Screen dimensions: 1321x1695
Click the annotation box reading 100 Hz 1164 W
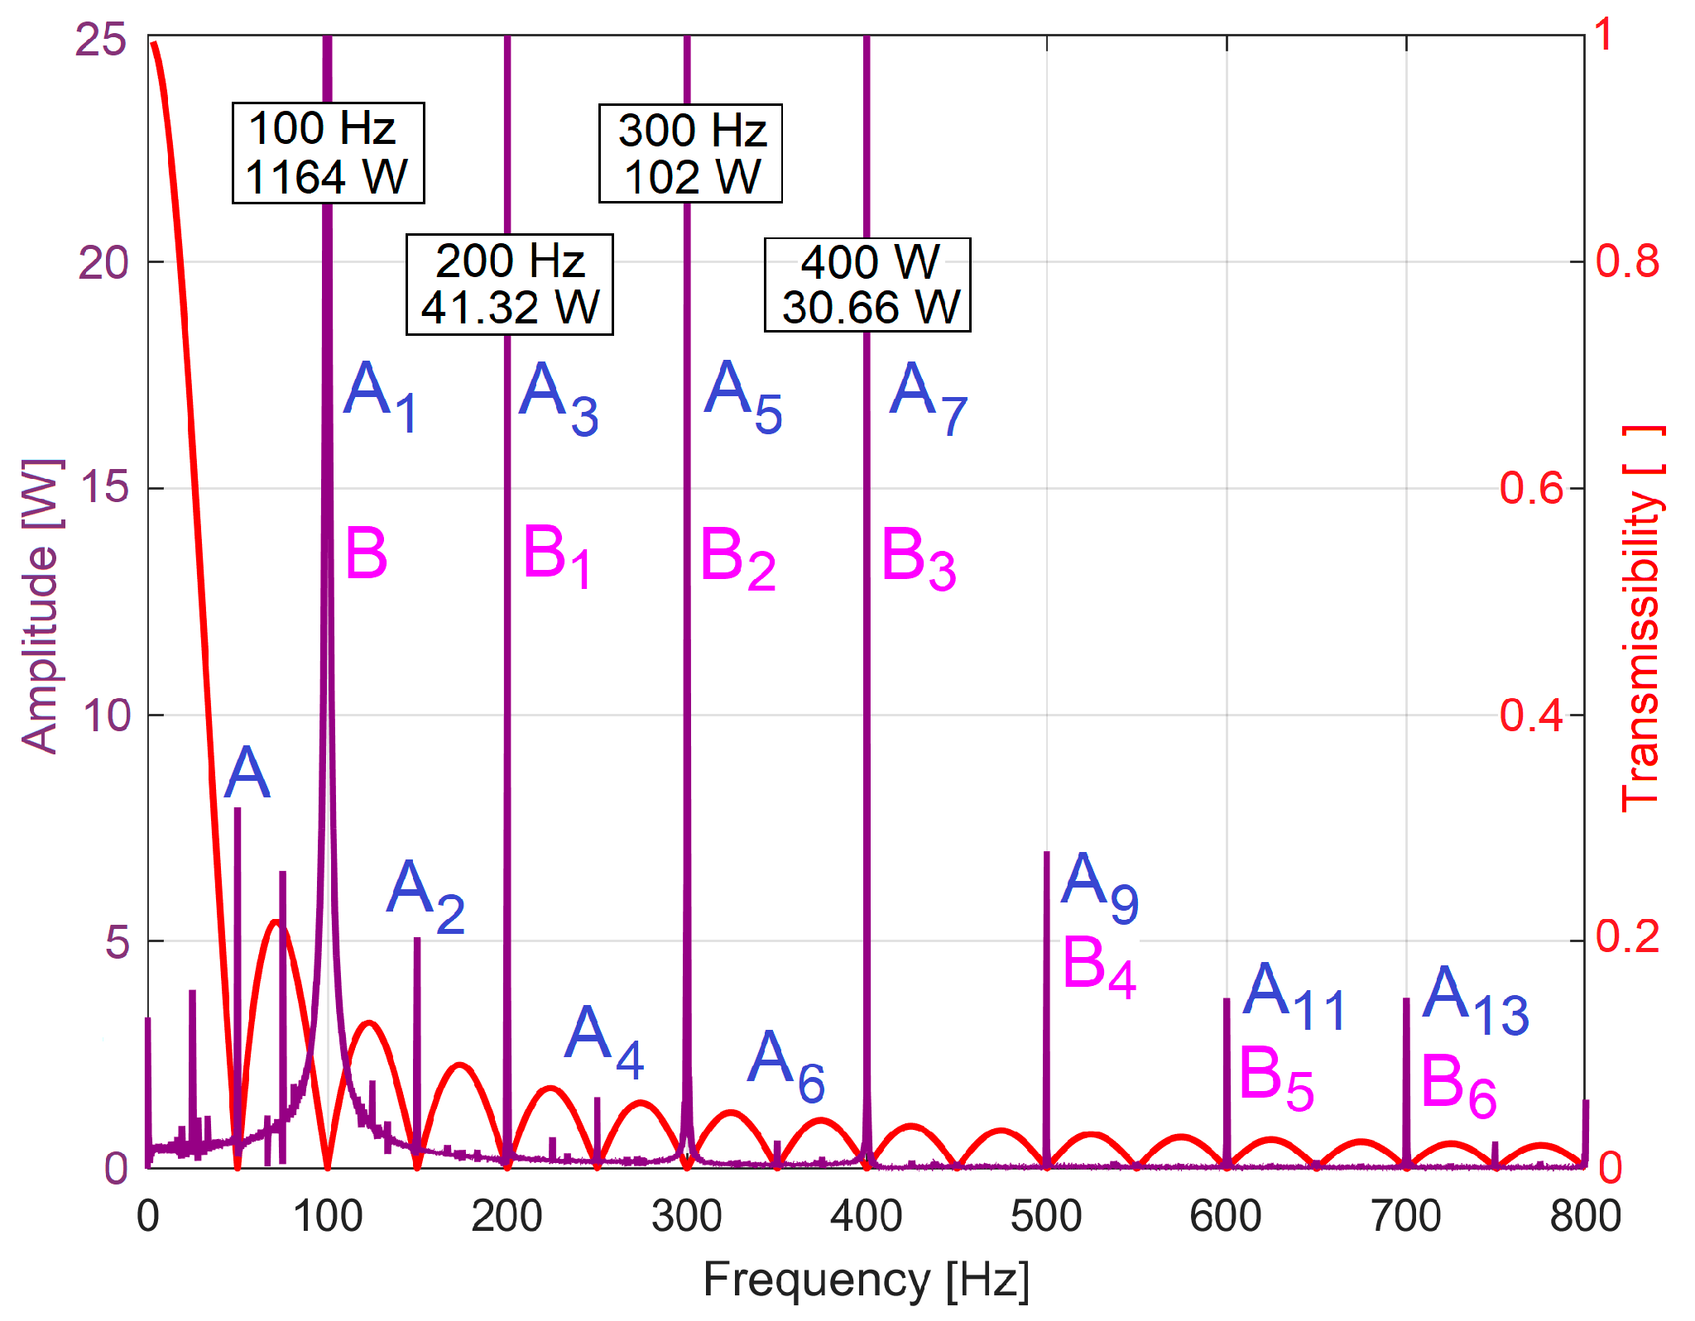coord(328,153)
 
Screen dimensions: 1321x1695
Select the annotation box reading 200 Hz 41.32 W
coord(509,285)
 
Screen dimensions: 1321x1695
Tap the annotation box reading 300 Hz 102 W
coord(690,153)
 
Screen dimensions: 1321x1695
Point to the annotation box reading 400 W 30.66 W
coord(867,285)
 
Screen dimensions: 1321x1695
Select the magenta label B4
coord(1097,965)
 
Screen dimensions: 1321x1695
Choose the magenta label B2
coord(737,558)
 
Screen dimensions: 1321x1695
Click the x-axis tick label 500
coord(1046,1216)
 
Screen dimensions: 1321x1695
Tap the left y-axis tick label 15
coord(105,488)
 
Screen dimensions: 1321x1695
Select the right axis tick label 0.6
coord(1530,488)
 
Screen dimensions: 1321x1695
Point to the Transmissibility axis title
coord(1642,619)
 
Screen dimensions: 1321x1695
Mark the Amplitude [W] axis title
coord(40,605)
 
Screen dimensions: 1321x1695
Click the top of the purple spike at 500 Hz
coord(1046,853)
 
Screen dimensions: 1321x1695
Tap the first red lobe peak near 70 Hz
coord(276,921)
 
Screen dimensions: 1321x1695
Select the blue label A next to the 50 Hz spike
coord(247,773)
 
